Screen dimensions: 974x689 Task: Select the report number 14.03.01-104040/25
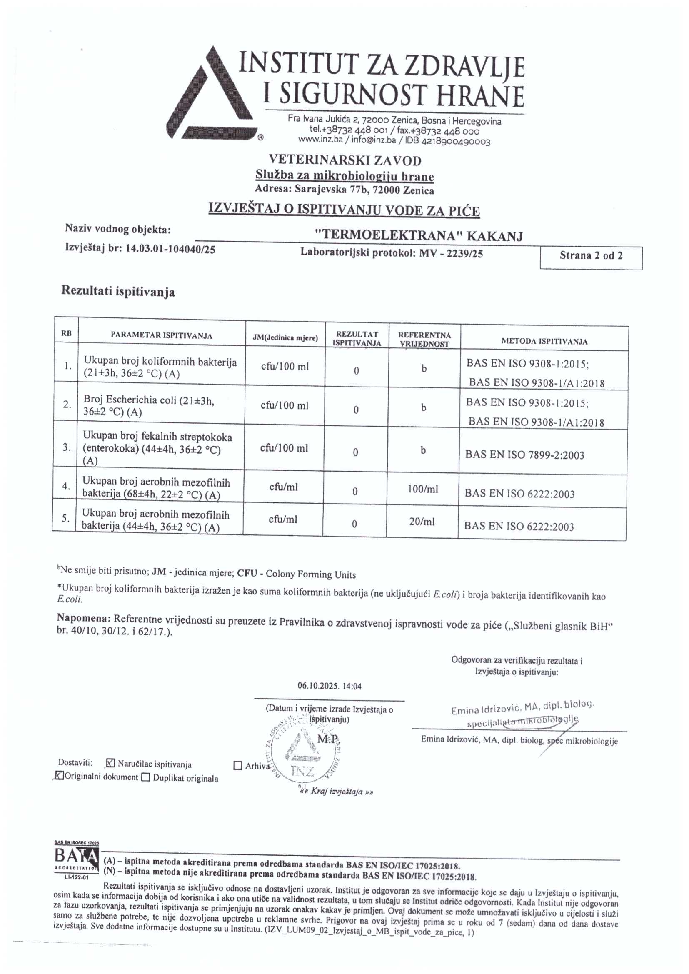tap(170, 250)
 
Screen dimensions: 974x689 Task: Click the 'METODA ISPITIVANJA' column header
tap(544, 341)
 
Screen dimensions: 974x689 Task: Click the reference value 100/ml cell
tap(423, 489)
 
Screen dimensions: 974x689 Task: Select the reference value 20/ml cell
tap(422, 522)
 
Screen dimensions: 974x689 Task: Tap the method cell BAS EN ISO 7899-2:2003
tap(524, 455)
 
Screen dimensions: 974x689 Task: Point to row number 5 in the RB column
tap(66, 518)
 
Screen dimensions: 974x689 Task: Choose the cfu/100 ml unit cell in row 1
tap(285, 367)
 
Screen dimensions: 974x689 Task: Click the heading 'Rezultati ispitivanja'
tap(118, 292)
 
